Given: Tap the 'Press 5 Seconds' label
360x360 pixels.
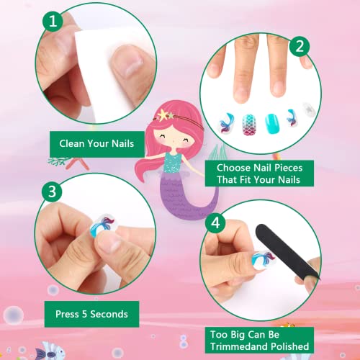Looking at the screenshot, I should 91,313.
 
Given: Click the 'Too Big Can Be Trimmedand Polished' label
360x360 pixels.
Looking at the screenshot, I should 259,341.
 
